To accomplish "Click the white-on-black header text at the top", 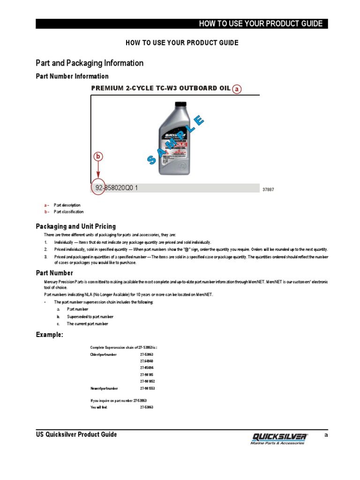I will (261, 24).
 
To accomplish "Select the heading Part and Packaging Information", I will (90, 63).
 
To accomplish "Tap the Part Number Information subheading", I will (72, 76).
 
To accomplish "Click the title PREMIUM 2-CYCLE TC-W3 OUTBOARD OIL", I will (161, 88).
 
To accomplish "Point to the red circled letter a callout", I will (238, 89).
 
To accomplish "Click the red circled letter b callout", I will (98, 157).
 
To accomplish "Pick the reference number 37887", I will (268, 189).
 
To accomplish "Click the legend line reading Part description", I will (67, 205).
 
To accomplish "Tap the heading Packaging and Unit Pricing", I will (76, 226).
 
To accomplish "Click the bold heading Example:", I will (50, 335).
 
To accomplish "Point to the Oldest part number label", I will (104, 355).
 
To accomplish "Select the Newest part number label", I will (104, 389).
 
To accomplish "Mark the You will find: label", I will (99, 407).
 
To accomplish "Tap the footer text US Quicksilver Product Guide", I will (76, 435).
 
